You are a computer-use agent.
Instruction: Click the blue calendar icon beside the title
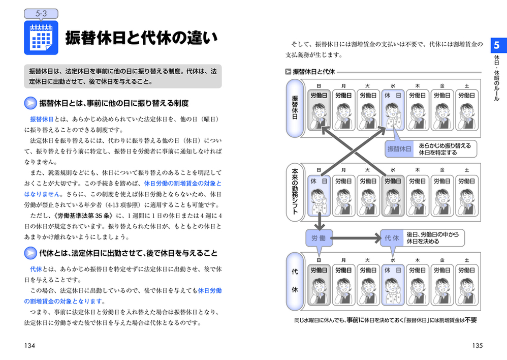pos(41,38)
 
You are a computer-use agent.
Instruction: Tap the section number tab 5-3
pos(41,14)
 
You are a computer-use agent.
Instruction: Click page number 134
pos(29,345)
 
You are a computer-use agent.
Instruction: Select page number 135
pos(477,345)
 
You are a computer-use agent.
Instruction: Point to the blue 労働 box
pos(319,238)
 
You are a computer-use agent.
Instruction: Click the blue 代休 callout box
pos(392,238)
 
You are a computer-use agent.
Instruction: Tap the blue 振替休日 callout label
pos(399,149)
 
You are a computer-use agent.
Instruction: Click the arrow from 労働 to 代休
pos(356,238)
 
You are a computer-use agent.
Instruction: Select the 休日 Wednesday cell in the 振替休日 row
pos(393,110)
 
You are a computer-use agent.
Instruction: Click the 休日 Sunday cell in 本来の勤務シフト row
pos(319,196)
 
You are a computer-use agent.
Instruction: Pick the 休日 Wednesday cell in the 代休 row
pos(393,285)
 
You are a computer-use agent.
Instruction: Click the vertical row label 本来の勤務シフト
pos(295,192)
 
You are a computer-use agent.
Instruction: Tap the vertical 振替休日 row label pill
pos(295,108)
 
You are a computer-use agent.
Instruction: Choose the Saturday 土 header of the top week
pos(467,86)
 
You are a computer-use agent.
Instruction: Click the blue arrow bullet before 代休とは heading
pos(30,253)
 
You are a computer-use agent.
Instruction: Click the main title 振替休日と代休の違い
pos(142,38)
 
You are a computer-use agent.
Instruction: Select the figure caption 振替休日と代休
pos(313,72)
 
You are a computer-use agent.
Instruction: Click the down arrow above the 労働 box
pos(320,222)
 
